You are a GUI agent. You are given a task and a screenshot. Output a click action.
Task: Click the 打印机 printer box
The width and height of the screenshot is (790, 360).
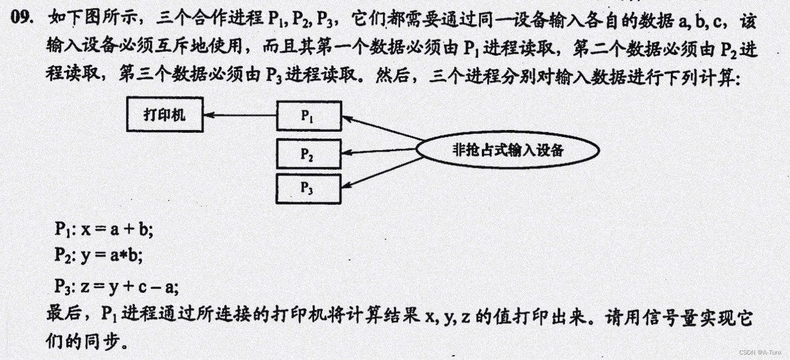tap(165, 114)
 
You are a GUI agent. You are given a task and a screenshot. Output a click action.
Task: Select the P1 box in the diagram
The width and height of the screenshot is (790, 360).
tap(309, 116)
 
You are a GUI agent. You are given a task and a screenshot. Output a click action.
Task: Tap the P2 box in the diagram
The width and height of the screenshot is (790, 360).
tap(309, 154)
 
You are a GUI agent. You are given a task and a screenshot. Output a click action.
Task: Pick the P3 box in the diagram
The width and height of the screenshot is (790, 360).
tap(309, 188)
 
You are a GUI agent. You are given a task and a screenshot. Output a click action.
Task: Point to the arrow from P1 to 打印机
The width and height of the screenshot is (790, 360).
tap(240, 114)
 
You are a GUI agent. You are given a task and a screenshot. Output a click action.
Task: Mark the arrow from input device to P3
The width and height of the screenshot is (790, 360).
tap(383, 172)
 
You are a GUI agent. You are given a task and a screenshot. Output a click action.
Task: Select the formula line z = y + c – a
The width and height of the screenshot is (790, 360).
tap(115, 286)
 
